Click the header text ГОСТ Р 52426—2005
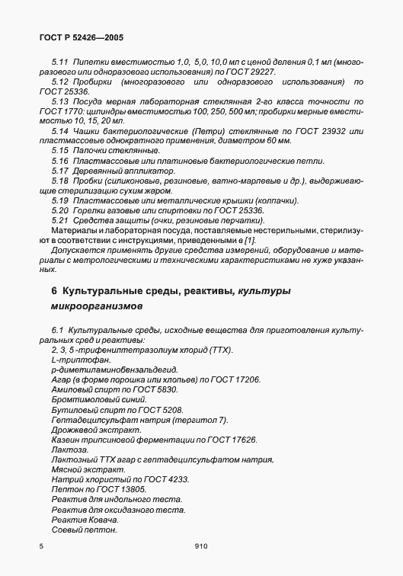point(79,37)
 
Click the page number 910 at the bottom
point(201,546)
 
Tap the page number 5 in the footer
point(40,546)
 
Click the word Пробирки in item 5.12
point(96,82)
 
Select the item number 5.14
point(60,131)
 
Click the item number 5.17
point(60,171)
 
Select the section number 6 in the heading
point(54,291)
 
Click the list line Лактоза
point(69,450)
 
